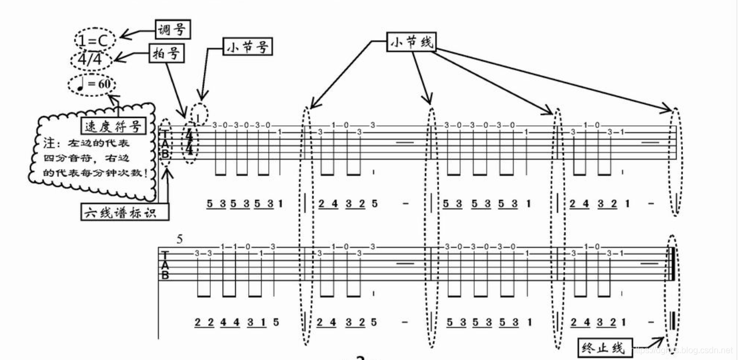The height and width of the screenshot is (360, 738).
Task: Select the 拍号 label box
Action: (167, 53)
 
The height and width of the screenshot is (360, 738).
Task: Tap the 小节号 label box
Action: (247, 47)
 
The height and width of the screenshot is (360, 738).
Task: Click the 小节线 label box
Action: (411, 42)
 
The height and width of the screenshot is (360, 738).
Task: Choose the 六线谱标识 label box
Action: (124, 211)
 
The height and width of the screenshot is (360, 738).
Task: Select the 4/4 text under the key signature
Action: (90, 59)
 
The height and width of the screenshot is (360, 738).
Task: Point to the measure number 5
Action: (179, 238)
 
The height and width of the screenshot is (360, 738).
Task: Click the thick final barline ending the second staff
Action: (673, 263)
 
